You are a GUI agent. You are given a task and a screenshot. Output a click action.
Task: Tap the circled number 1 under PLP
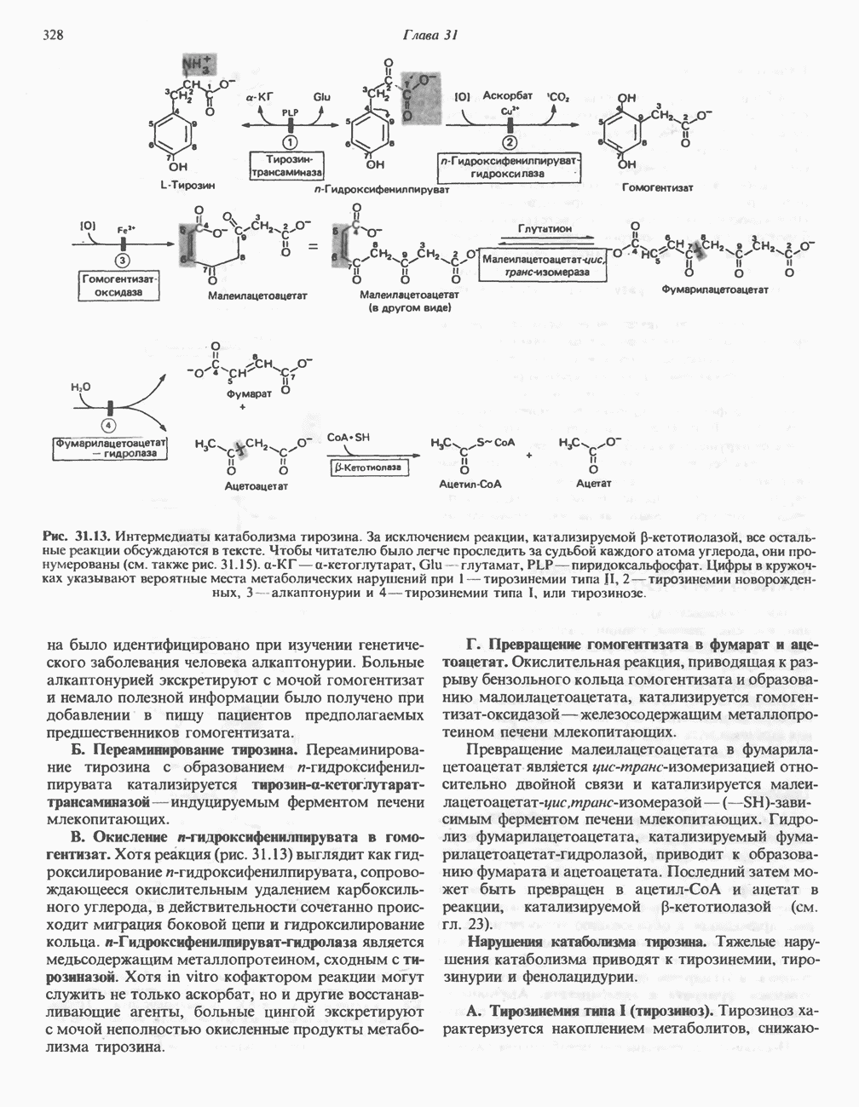click(x=291, y=142)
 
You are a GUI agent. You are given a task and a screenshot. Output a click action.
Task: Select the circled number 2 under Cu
click(x=510, y=142)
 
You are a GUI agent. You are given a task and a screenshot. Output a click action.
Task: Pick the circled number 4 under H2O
click(x=110, y=425)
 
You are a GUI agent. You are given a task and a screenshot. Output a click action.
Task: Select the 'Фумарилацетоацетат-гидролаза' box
click(x=110, y=448)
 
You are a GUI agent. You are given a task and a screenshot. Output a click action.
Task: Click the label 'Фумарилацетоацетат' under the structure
click(x=715, y=290)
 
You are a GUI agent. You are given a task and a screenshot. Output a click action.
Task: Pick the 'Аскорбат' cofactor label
click(x=506, y=95)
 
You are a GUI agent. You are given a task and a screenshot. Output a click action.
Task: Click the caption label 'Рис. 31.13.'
click(x=77, y=537)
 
